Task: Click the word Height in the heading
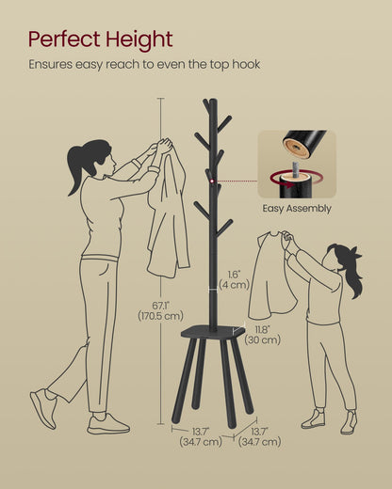pos(139,40)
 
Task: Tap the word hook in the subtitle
pos(246,64)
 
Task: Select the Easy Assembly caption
pos(297,209)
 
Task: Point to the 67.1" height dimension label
pos(160,310)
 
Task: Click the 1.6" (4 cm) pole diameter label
pos(234,280)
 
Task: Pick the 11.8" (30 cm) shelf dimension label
pos(263,335)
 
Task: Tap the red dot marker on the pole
pos(213,181)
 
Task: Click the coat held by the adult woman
pos(168,213)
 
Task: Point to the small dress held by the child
pos(270,276)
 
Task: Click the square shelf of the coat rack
pos(213,332)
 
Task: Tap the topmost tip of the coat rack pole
pos(213,99)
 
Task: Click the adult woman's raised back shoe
pos(43,407)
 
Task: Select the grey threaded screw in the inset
pos(297,170)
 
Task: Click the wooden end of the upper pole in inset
pos(295,148)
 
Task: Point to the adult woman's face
pos(110,164)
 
